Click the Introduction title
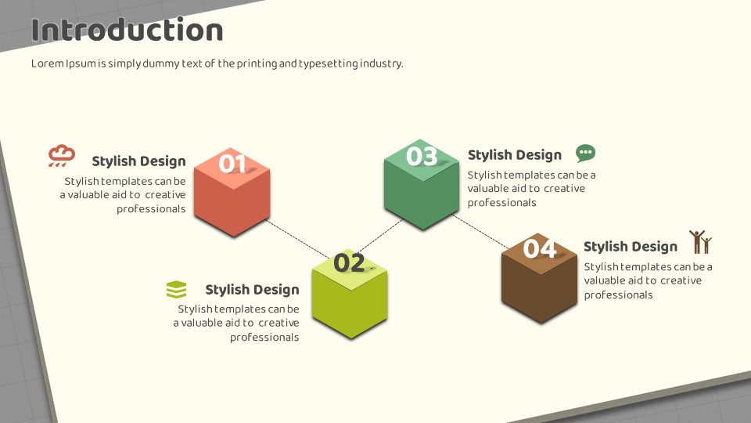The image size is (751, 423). (127, 30)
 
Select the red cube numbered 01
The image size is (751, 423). (232, 193)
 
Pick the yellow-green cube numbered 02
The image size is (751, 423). (350, 294)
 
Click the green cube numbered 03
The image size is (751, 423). (422, 184)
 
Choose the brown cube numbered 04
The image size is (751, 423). (539, 277)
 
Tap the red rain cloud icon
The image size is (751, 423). (62, 155)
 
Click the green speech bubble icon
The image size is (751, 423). (585, 153)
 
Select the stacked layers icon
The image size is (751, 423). (176, 289)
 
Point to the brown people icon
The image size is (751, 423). (701, 242)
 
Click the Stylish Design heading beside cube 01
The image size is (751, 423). (139, 161)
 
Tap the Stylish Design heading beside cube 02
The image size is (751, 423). (253, 290)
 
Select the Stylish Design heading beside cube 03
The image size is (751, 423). (515, 155)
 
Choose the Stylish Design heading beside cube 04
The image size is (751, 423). (631, 247)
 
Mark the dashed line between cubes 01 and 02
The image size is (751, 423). (298, 240)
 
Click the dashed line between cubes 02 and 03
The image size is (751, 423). (380, 236)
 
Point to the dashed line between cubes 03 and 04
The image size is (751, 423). (481, 232)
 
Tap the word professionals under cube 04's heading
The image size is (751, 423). (618, 295)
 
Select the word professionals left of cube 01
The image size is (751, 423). (151, 209)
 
